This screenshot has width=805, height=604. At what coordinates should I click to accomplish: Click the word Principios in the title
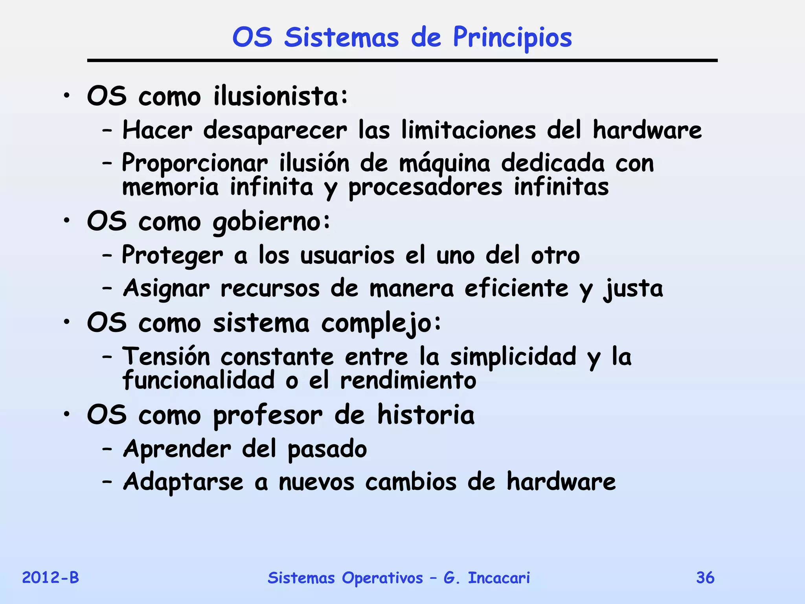pyautogui.click(x=512, y=38)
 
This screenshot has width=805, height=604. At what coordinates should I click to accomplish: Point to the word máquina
pyautogui.click(x=445, y=164)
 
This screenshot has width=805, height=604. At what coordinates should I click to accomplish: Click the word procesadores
pyautogui.click(x=425, y=188)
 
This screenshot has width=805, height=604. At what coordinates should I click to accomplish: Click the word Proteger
pyautogui.click(x=173, y=256)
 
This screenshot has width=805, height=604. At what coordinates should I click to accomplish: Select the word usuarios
pyautogui.click(x=347, y=256)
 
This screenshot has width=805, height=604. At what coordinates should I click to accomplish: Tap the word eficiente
pyautogui.click(x=516, y=288)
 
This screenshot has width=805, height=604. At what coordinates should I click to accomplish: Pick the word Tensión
pyautogui.click(x=166, y=357)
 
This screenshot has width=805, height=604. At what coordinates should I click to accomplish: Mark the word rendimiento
pyautogui.click(x=408, y=381)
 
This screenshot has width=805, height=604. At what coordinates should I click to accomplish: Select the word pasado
pyautogui.click(x=327, y=449)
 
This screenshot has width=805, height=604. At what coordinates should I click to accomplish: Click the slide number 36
pyautogui.click(x=705, y=578)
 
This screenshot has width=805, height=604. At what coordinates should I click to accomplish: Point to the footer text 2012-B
pyautogui.click(x=50, y=578)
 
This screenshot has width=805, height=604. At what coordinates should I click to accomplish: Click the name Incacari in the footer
pyautogui.click(x=499, y=578)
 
